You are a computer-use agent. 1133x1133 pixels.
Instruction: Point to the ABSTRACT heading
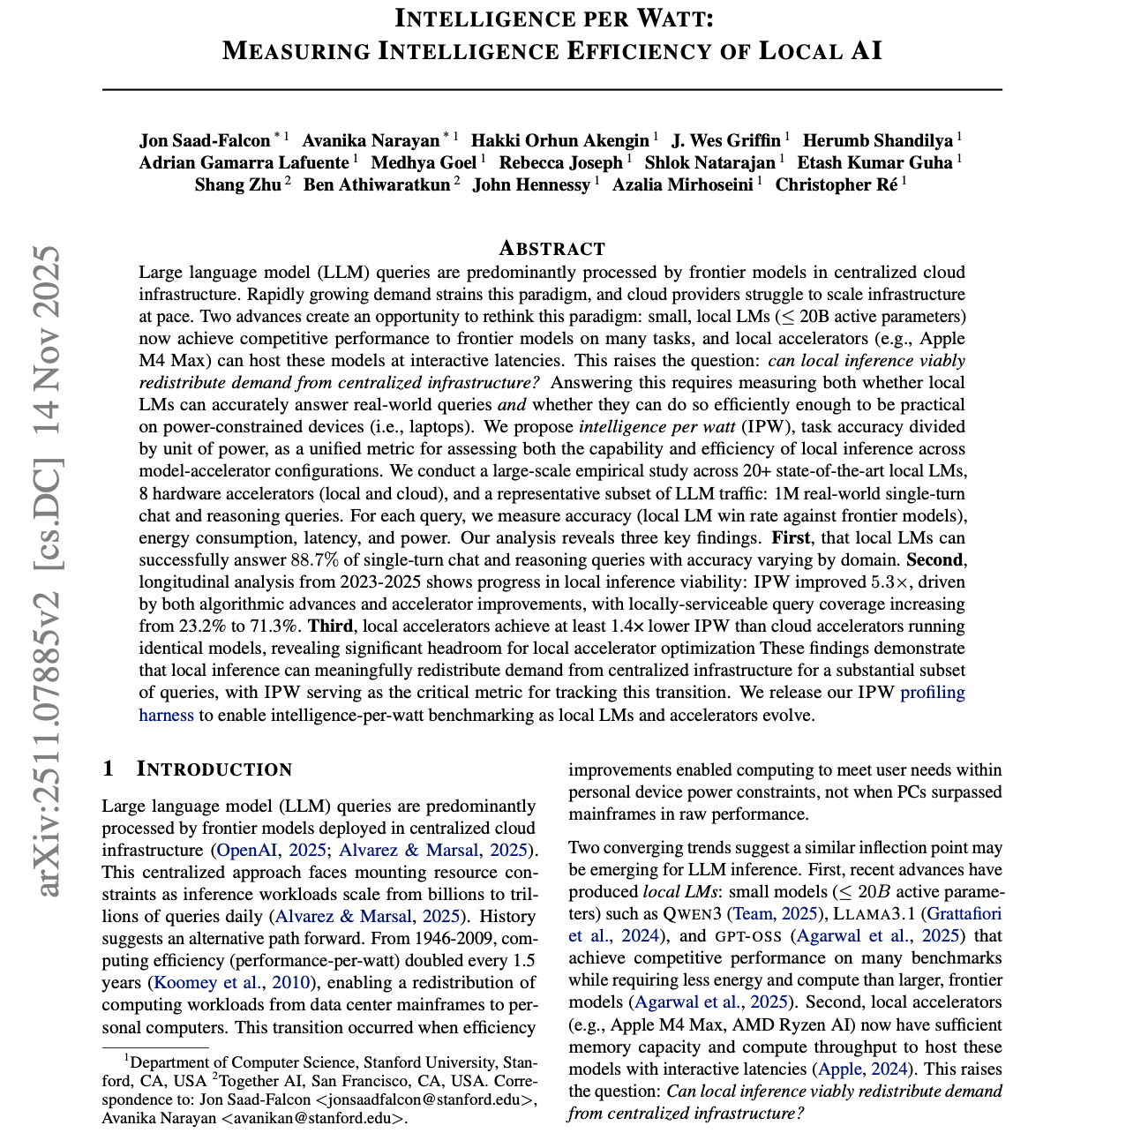(x=552, y=248)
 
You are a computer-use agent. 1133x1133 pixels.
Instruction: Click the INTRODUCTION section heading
(x=214, y=769)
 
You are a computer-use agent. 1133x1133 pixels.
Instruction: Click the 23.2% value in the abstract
(x=198, y=627)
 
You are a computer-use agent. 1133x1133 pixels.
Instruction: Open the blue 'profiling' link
(x=932, y=693)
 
